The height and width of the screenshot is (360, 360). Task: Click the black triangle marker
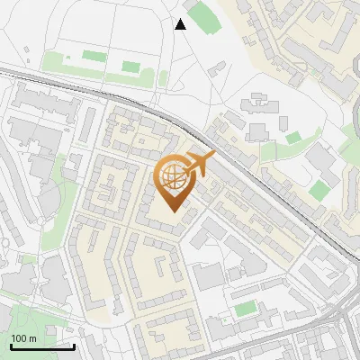click(180, 24)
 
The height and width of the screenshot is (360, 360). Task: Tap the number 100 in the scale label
click(18, 338)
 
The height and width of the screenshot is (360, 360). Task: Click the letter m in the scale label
click(31, 338)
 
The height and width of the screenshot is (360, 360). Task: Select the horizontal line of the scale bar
click(41, 346)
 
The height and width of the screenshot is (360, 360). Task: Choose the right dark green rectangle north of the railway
click(131, 67)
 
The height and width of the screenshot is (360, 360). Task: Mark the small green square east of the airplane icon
click(292, 137)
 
